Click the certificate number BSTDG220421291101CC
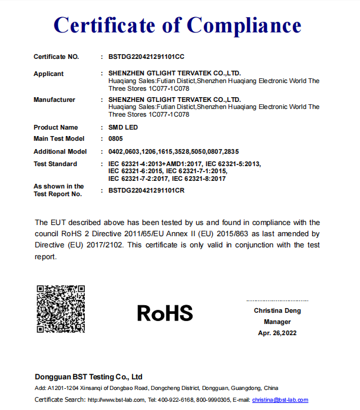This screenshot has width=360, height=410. click(147, 57)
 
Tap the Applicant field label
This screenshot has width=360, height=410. click(49, 74)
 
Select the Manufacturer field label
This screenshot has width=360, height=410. click(54, 100)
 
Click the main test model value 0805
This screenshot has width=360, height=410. click(115, 138)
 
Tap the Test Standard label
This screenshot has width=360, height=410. click(55, 164)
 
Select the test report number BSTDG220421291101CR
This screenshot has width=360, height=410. click(147, 190)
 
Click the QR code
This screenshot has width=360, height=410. click(61, 309)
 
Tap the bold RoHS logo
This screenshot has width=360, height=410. click(165, 313)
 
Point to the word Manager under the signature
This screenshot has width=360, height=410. click(277, 322)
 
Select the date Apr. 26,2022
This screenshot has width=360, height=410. click(277, 333)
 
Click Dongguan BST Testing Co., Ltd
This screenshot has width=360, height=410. click(88, 376)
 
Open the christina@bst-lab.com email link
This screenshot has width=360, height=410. click(280, 400)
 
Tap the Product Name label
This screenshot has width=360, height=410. click(55, 127)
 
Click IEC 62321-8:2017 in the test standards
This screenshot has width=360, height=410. click(199, 178)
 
